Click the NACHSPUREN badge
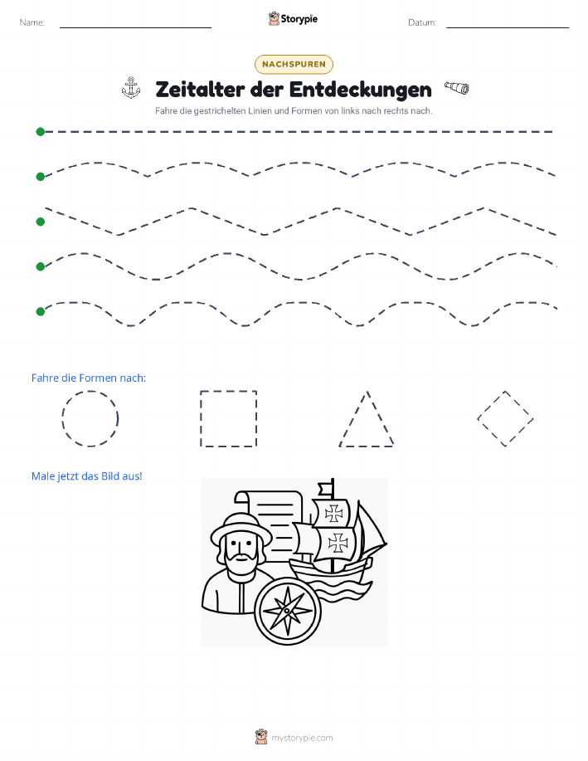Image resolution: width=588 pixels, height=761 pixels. tap(294, 64)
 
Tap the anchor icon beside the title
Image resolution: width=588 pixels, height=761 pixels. tap(131, 88)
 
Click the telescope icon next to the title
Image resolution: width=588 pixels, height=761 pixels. tap(457, 88)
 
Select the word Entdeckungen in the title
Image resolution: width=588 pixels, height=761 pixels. tap(361, 90)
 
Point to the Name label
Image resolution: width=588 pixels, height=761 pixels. tap(32, 22)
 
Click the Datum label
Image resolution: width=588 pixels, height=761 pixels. tap(422, 22)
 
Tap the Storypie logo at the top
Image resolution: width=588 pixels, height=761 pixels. tap(293, 19)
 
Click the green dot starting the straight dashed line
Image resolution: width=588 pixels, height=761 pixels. tap(41, 131)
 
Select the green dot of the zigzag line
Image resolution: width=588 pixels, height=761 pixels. tap(41, 222)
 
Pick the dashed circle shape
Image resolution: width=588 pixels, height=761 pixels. tap(90, 418)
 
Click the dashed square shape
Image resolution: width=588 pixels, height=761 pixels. tap(229, 418)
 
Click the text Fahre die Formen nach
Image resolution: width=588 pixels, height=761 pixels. tap(88, 378)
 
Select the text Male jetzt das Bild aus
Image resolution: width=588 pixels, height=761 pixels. tap(86, 476)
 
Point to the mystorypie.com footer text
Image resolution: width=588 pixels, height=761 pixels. tap(302, 739)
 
